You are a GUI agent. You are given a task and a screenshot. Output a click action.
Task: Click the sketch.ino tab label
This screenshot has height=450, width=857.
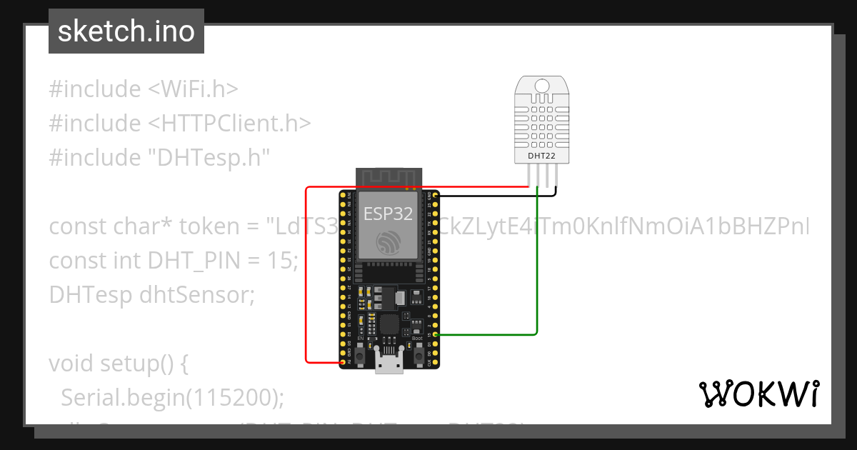[126, 31]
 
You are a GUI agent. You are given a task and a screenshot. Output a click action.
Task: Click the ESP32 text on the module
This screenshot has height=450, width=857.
[388, 213]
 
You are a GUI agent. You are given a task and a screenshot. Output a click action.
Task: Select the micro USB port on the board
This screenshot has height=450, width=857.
[389, 365]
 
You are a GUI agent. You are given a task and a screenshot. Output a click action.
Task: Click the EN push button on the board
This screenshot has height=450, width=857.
[361, 355]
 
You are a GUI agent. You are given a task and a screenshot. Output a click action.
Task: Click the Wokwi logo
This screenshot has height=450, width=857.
[758, 394]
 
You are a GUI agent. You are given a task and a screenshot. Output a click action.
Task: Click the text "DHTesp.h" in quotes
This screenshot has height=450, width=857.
[208, 158]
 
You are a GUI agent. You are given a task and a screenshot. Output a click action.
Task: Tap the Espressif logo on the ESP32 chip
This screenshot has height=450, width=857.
[388, 242]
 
